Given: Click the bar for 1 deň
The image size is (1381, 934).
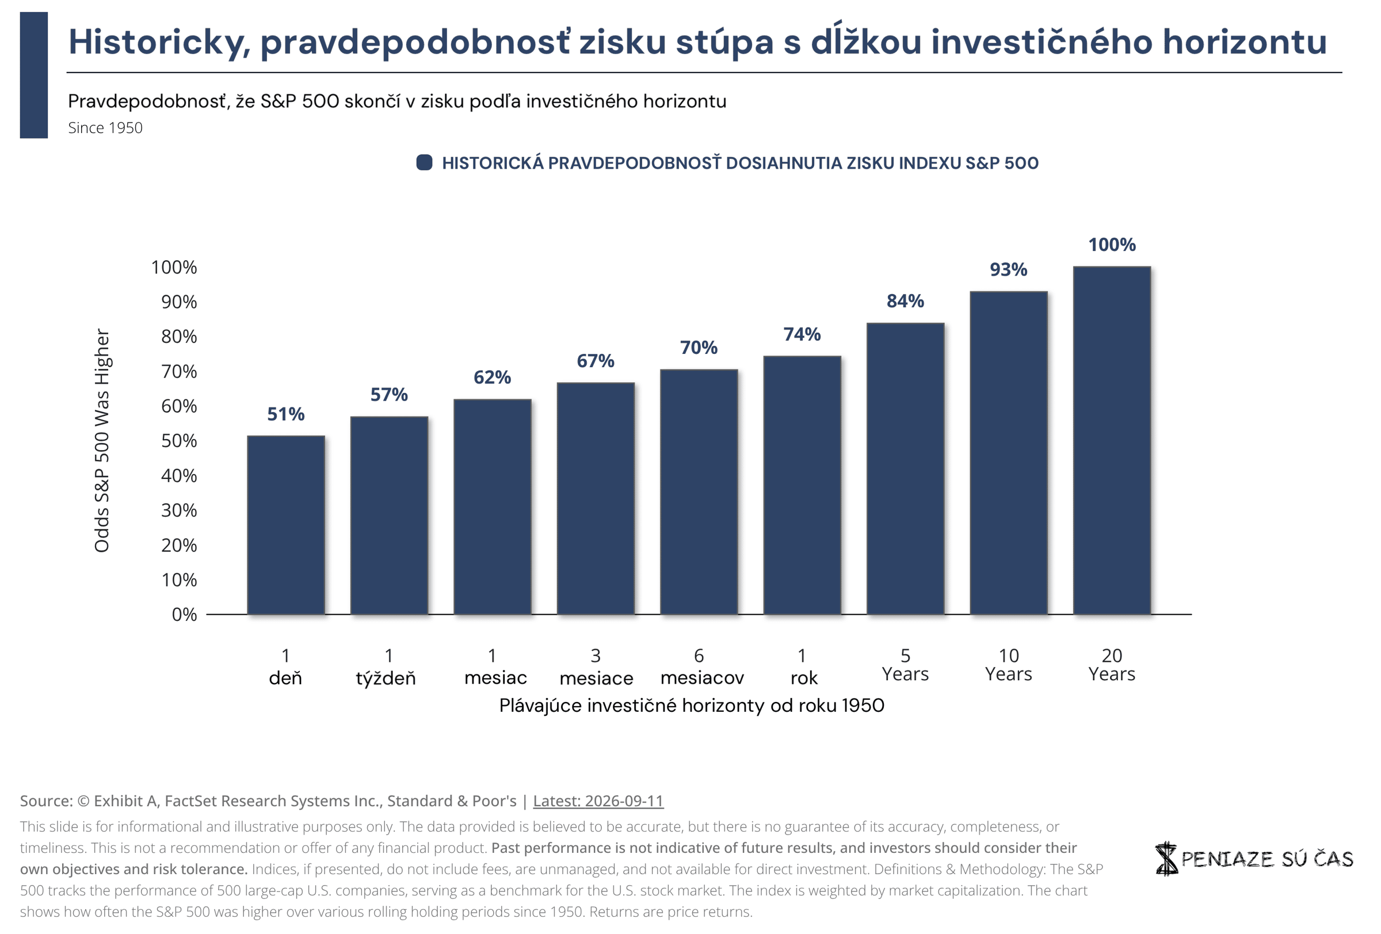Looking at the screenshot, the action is click(x=286, y=525).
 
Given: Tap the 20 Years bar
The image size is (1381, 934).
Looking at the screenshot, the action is click(x=1111, y=440).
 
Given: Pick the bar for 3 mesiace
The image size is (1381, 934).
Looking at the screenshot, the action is click(x=596, y=498).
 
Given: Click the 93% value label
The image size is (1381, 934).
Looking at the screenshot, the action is click(x=1008, y=270).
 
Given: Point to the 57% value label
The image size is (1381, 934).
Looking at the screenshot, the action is click(x=388, y=395).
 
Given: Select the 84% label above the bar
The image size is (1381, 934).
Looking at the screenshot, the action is click(x=905, y=301).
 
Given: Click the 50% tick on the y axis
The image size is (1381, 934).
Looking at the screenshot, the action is click(x=179, y=441).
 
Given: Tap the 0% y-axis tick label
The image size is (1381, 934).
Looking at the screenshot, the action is click(x=184, y=615).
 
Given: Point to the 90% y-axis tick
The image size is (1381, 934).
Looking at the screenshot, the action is click(x=179, y=302).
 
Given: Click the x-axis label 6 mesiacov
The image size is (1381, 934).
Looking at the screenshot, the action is click(x=701, y=666).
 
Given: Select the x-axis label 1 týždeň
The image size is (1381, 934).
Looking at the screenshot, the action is click(x=386, y=666).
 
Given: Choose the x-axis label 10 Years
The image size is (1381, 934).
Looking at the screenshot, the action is click(x=1008, y=664).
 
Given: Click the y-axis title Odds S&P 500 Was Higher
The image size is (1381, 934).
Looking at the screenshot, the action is click(x=102, y=440).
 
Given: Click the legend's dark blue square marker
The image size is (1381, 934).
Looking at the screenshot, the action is click(x=424, y=162).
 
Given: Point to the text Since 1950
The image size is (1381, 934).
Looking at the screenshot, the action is click(x=105, y=128).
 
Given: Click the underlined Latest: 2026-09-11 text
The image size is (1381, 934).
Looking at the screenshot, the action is click(x=598, y=801).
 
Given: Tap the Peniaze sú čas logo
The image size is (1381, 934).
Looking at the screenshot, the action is click(x=1253, y=858).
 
